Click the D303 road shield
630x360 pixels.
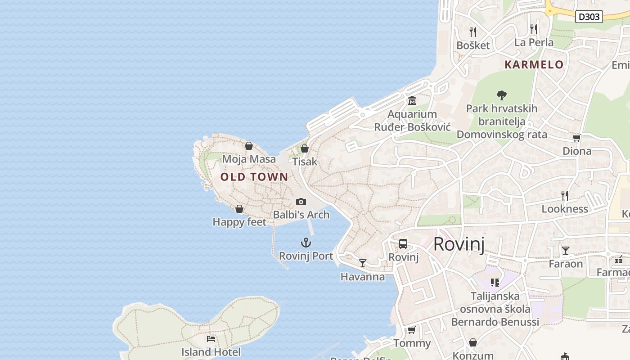[589, 17]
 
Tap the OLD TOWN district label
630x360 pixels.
[254, 177]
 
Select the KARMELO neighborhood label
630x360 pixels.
[534, 65]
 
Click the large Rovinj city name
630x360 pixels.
[459, 244]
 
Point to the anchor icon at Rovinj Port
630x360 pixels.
[306, 243]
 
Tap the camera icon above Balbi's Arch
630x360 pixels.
[301, 202]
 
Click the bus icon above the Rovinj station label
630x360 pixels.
[403, 244]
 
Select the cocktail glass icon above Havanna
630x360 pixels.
[363, 263]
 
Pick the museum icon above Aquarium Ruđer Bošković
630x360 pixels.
[412, 101]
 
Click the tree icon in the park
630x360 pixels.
[501, 95]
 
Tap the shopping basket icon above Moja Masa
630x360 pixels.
[249, 146]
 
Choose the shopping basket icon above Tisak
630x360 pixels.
[305, 148]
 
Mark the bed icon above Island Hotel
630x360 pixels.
[211, 339]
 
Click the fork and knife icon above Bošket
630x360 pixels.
[473, 31]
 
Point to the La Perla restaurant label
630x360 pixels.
[534, 43]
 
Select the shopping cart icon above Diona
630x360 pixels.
[576, 138]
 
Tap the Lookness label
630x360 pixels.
[565, 209]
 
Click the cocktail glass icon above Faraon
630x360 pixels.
[566, 251]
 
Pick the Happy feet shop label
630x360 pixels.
[239, 222]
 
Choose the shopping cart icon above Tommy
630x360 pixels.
[411, 330]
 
